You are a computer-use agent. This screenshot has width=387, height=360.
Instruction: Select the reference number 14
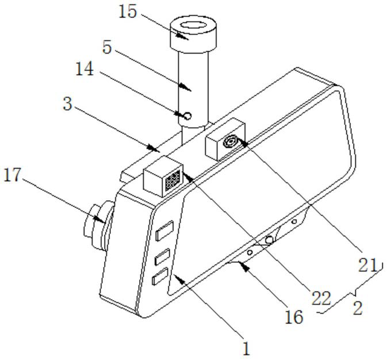(87, 69)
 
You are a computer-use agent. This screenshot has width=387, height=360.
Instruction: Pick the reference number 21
(369, 265)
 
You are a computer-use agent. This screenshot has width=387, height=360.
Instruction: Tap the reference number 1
(246, 348)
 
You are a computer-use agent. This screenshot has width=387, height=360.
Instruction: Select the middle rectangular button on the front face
(162, 255)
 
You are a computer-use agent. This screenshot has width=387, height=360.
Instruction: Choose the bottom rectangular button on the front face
(158, 277)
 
